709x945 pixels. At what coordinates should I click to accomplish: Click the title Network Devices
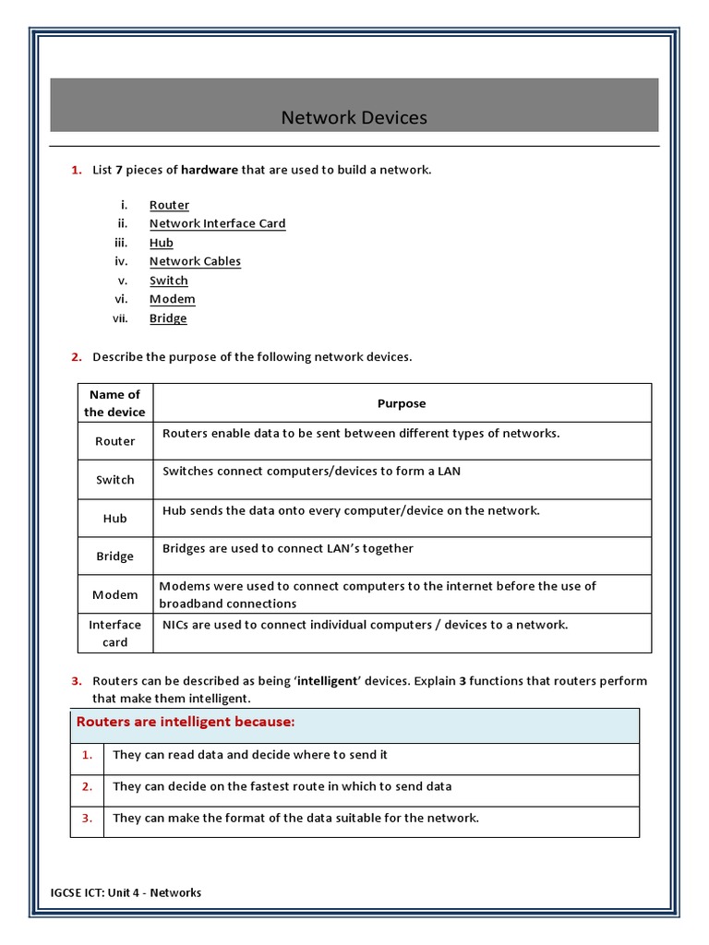[x=354, y=118]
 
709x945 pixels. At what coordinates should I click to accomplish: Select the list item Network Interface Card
[x=217, y=223]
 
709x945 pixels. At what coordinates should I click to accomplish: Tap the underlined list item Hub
[x=161, y=243]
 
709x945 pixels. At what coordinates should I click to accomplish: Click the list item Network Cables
[x=195, y=261]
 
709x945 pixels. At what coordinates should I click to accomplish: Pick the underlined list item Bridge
[x=168, y=318]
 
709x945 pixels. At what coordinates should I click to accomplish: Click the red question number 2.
[x=77, y=357]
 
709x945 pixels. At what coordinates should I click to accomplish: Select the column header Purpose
[x=402, y=403]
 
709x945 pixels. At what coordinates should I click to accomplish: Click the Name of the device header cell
[x=115, y=403]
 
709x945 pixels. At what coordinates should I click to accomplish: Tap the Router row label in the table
[x=115, y=441]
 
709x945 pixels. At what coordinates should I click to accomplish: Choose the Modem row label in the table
[x=115, y=595]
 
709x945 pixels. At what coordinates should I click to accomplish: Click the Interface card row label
[x=115, y=633]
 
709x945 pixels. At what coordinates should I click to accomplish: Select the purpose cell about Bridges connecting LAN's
[x=288, y=548]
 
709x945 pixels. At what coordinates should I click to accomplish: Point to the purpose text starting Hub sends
[x=351, y=510]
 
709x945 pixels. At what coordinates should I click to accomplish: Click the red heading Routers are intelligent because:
[x=185, y=722]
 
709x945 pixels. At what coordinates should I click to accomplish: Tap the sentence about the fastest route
[x=282, y=786]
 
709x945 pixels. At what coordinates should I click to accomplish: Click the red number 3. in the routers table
[x=87, y=818]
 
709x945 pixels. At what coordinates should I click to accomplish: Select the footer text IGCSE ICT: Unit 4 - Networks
[x=126, y=892]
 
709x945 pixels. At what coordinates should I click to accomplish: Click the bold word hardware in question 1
[x=210, y=170]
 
